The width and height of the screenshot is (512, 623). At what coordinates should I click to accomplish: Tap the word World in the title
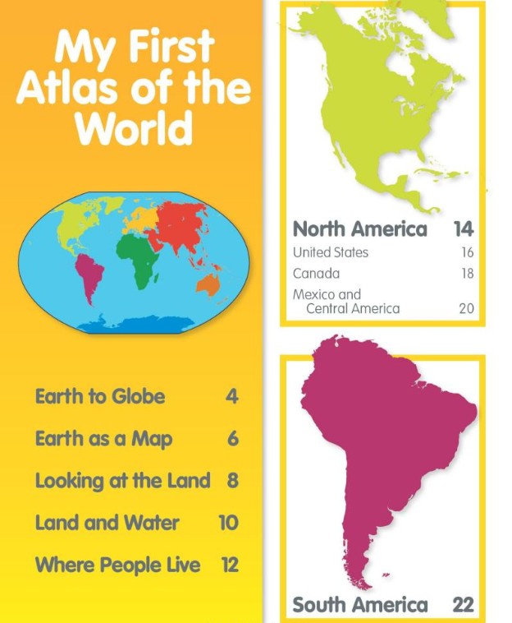click(x=134, y=127)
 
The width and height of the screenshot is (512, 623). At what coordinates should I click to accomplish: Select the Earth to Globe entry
click(x=99, y=397)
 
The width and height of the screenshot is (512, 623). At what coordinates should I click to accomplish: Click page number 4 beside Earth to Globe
click(x=232, y=397)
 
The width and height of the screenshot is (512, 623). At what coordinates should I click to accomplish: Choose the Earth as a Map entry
click(x=103, y=439)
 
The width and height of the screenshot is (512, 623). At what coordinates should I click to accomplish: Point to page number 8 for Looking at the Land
click(x=232, y=481)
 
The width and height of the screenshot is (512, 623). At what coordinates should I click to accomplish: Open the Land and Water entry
click(x=107, y=523)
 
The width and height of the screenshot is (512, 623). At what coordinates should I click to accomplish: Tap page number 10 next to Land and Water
click(x=228, y=523)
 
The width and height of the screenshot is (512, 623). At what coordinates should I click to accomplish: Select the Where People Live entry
click(x=117, y=565)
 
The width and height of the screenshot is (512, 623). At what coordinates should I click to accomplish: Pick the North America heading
click(x=359, y=228)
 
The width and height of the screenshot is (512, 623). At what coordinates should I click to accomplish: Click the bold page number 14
click(x=463, y=228)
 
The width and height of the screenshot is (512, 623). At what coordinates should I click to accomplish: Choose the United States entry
click(x=331, y=252)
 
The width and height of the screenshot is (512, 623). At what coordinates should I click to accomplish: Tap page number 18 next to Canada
click(x=466, y=274)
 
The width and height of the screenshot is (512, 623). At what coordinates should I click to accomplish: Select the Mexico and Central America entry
click(x=346, y=302)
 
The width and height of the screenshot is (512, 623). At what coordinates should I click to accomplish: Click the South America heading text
click(x=359, y=606)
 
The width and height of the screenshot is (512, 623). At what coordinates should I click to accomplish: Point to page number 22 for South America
click(x=463, y=606)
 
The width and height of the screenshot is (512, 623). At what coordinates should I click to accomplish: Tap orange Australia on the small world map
click(x=208, y=284)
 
